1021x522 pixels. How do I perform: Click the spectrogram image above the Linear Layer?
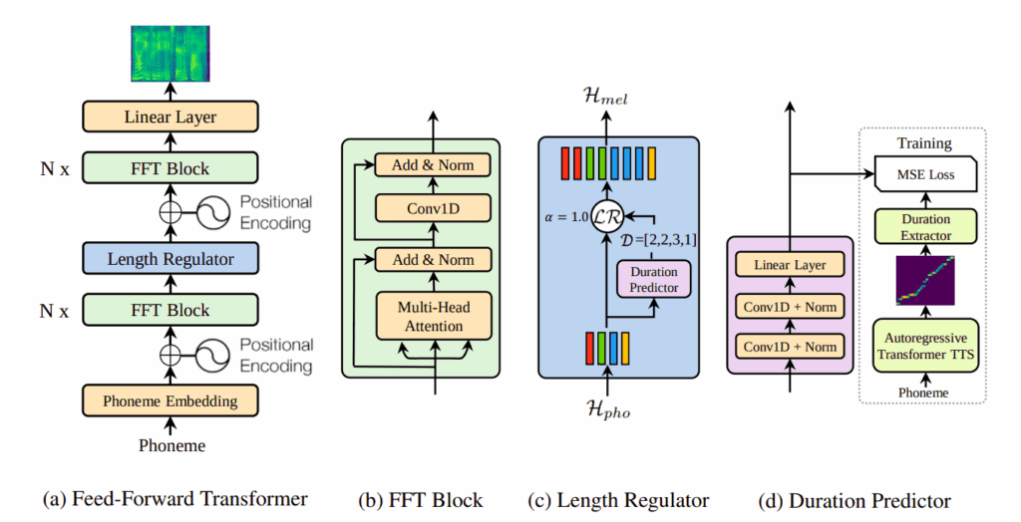coord(170,53)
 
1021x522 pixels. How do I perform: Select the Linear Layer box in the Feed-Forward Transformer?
coord(170,118)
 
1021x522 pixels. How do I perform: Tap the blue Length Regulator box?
coord(170,259)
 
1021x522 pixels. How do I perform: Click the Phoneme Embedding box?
coord(170,400)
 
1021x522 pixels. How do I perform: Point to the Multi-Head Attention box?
coord(435,317)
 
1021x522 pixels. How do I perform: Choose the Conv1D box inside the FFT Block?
coord(434,210)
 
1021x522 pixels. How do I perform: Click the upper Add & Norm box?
coord(434,165)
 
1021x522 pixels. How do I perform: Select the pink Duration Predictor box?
coord(653,279)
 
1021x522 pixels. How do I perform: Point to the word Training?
coord(924,142)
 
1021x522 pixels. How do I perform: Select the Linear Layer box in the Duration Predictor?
coord(790,264)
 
